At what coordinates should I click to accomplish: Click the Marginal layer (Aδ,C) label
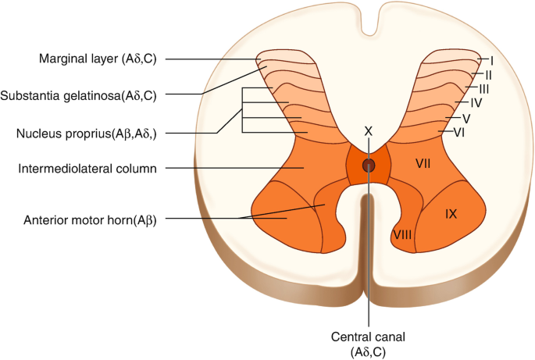(x=97, y=59)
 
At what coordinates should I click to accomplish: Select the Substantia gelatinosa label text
(x=79, y=96)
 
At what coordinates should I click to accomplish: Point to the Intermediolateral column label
(x=86, y=168)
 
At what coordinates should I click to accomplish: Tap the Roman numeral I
(x=491, y=59)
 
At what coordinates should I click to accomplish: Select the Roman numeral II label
(x=487, y=74)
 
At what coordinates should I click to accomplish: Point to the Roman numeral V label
(x=466, y=118)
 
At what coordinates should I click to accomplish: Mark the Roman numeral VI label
(x=460, y=133)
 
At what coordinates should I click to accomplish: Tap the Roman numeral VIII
(x=401, y=233)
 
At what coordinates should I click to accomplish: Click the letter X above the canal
(x=369, y=130)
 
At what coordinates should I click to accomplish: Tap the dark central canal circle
(x=369, y=165)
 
